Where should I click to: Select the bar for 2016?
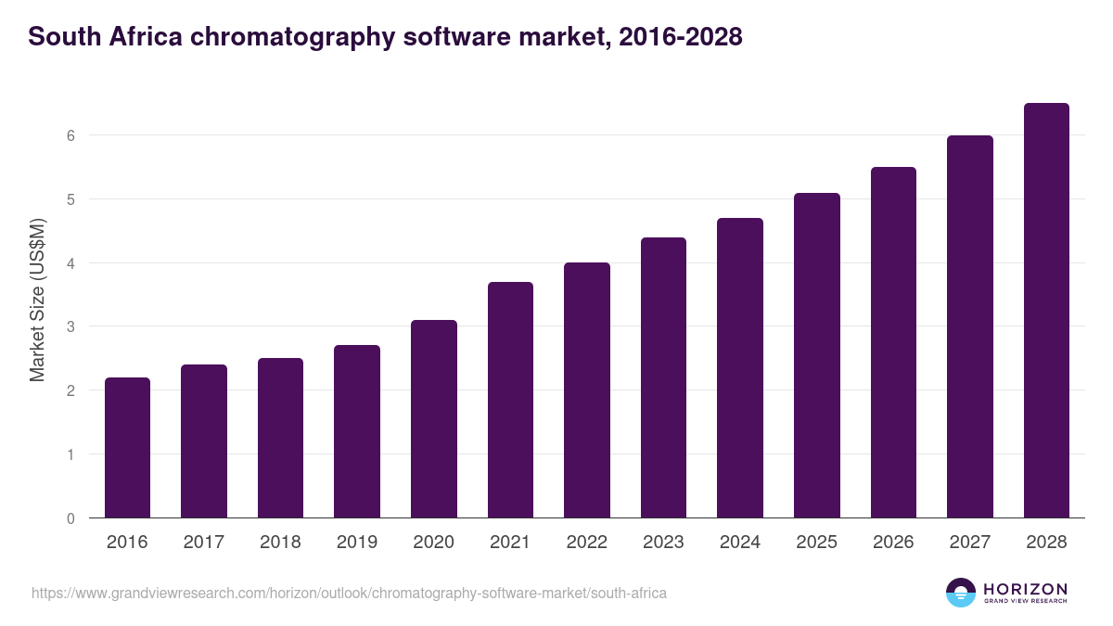(127, 448)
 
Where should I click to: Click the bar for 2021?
(510, 400)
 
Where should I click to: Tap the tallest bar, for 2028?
(1046, 311)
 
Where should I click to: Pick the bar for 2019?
(357, 431)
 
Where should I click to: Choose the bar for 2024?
(740, 368)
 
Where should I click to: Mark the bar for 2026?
(893, 342)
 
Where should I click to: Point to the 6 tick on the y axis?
(70, 135)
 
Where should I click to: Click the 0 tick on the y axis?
(70, 518)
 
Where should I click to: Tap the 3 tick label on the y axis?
(70, 326)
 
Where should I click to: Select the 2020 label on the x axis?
(433, 543)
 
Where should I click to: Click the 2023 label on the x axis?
(663, 543)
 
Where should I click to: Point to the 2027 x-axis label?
(969, 543)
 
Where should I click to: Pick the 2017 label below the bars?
(203, 543)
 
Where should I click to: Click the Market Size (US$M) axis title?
(37, 300)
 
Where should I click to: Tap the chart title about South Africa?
(385, 37)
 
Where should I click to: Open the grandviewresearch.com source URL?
(349, 593)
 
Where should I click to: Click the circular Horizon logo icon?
(961, 593)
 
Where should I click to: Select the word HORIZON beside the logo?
(1025, 589)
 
